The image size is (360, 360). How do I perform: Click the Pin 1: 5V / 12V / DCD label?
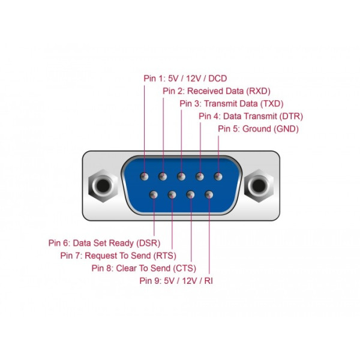point(185,79)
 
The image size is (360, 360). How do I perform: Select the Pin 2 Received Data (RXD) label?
point(217,91)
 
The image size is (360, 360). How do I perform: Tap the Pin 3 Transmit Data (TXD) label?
point(232,104)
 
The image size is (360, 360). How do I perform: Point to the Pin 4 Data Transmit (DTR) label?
point(251,116)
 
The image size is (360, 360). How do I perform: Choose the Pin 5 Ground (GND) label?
point(258,129)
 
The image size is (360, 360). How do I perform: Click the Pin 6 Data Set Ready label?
point(104,243)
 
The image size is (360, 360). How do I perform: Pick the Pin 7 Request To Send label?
point(118,256)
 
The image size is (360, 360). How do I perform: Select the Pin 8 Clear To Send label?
point(144,268)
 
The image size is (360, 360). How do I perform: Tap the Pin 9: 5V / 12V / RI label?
point(176,281)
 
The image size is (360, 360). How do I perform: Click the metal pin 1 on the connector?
point(144,176)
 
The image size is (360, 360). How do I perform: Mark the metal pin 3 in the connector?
point(181,176)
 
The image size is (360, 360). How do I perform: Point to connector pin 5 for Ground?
point(218,176)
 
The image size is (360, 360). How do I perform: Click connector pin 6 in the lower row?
point(154,195)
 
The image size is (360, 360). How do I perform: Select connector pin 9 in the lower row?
point(209,195)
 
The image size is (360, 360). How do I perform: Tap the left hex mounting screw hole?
point(103,185)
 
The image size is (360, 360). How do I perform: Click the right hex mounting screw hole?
point(259,185)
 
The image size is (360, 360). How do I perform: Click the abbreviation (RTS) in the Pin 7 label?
point(165,256)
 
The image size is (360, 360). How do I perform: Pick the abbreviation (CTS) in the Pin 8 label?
point(185,268)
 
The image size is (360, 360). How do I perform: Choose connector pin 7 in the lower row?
point(172,195)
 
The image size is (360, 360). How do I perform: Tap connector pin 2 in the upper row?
point(163,176)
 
